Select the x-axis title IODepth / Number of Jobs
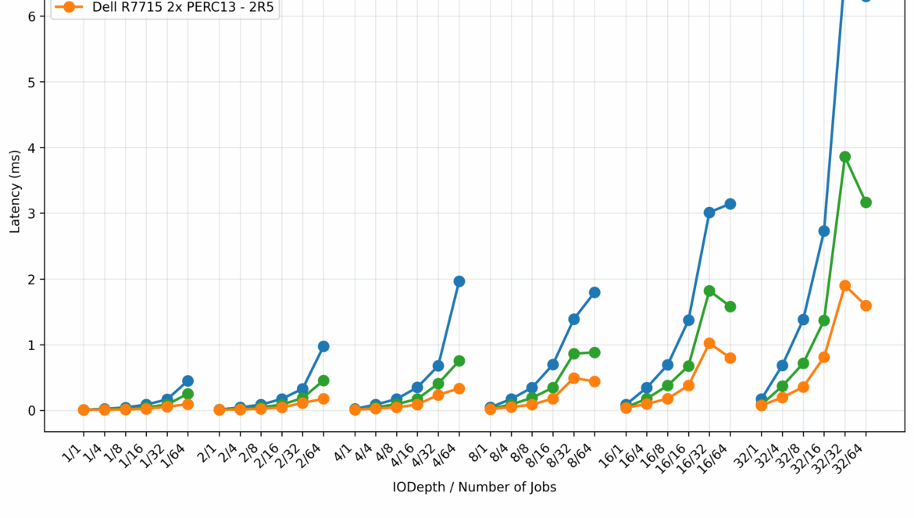pos(474,488)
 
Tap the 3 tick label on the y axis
pos(30,213)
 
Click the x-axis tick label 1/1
pos(76,449)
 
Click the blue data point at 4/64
pos(459,281)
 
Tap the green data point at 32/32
pos(844,157)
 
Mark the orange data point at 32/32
pos(844,286)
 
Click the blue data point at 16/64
pos(730,204)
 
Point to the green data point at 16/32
pos(709,291)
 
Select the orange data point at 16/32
pos(709,343)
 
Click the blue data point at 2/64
pos(323,346)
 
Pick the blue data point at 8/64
pos(594,292)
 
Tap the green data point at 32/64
pos(866,202)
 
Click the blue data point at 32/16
pos(824,231)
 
